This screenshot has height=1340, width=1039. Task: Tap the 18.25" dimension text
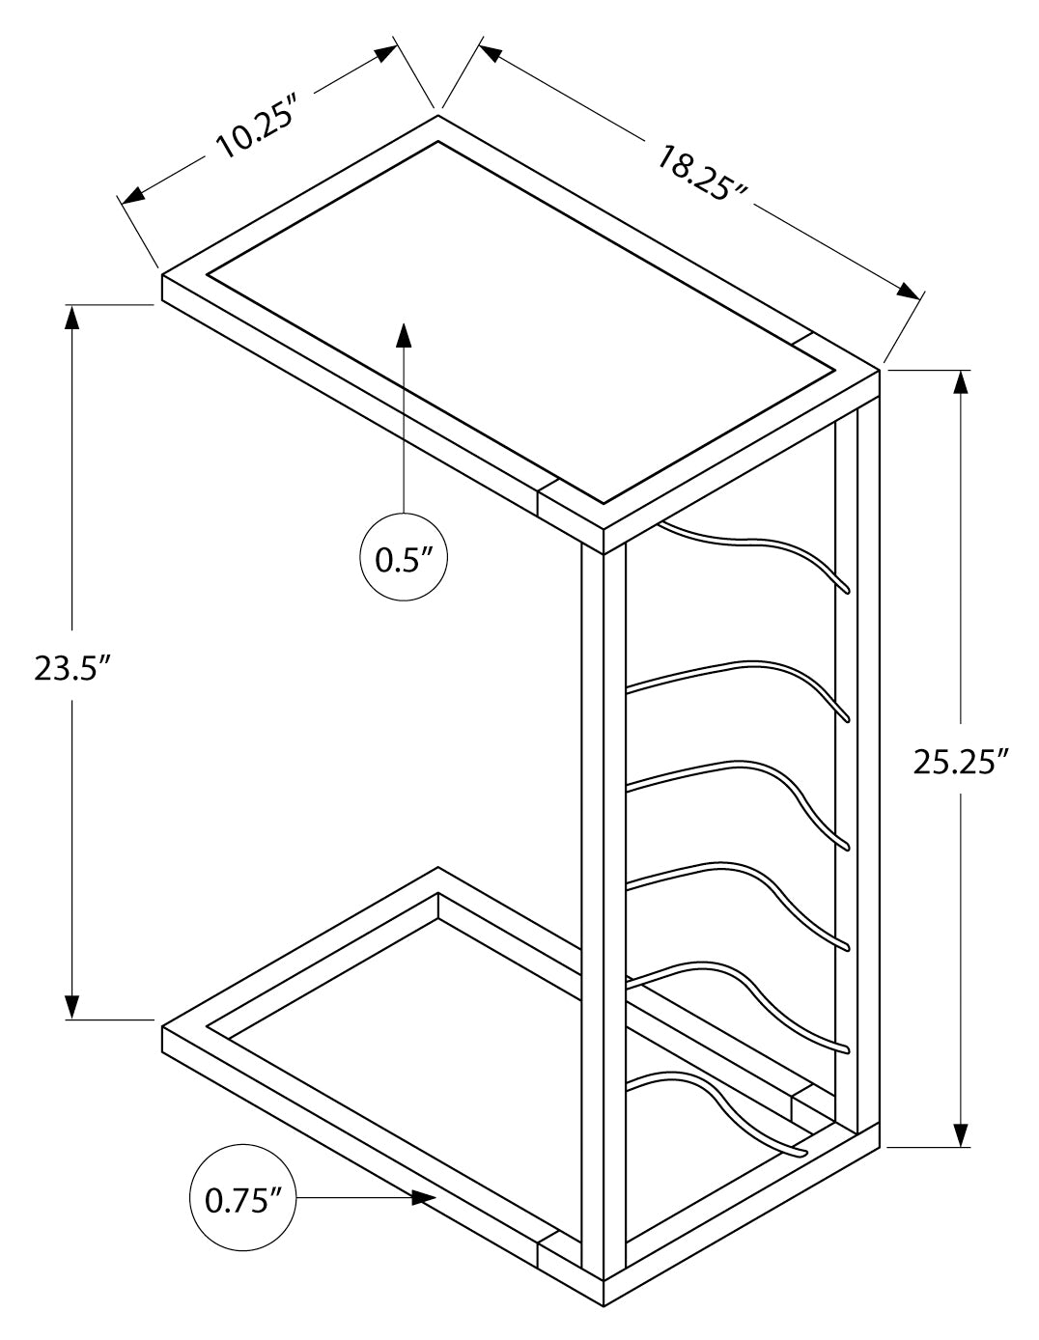(703, 173)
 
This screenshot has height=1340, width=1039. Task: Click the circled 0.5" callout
(404, 561)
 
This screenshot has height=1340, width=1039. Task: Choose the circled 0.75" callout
(243, 1199)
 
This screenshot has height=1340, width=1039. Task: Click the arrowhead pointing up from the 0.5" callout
(404, 334)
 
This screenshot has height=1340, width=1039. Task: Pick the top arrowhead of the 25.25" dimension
(961, 382)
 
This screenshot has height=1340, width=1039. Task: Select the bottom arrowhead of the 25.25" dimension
(961, 1133)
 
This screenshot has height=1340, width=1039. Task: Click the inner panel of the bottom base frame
(406, 1043)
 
